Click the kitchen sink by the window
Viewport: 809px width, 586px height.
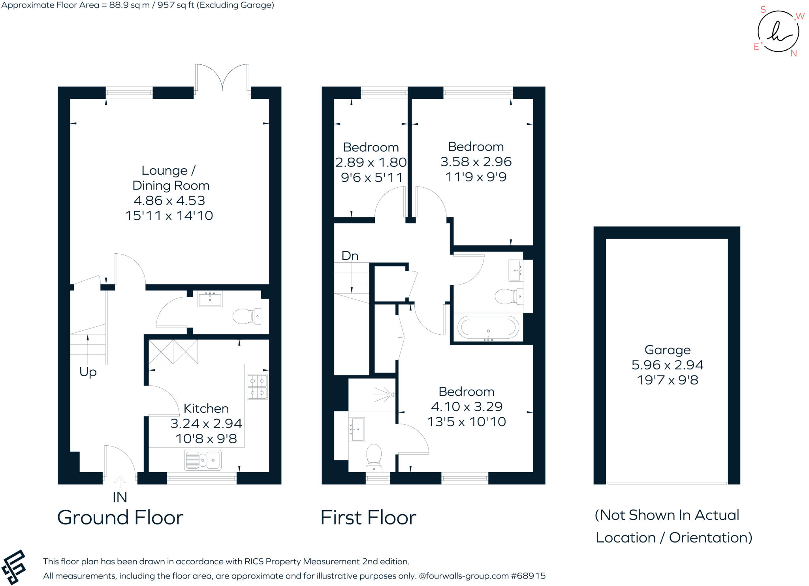203,460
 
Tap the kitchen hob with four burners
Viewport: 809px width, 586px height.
257,387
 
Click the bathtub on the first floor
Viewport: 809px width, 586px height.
488,328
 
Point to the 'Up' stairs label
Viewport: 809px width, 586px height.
88,372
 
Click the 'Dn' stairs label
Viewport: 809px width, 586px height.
350,256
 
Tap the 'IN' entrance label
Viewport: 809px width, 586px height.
120,497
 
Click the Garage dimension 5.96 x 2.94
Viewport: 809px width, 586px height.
667,365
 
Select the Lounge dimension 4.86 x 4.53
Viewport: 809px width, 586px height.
169,200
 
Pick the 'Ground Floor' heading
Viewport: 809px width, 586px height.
120,518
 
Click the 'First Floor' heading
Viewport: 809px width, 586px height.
368,518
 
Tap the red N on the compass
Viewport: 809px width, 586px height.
794,53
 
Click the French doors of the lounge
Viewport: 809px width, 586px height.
222,79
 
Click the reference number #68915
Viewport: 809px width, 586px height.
528,576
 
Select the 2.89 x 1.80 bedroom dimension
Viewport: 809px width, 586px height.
371,162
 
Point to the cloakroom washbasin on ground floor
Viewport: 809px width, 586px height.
210,299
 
